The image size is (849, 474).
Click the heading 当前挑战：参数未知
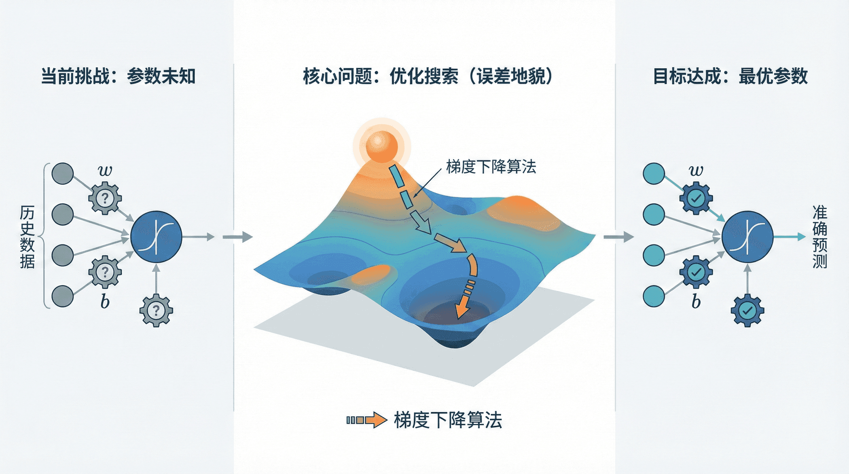(x=119, y=76)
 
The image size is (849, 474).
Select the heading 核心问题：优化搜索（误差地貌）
(x=428, y=76)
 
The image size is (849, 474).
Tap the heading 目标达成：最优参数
(x=730, y=76)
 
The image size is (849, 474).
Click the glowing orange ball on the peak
(x=381, y=146)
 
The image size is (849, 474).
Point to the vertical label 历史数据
(x=27, y=237)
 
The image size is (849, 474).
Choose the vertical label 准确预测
(x=820, y=237)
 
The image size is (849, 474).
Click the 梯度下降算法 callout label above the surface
(x=491, y=167)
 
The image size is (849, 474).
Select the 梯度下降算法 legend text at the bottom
(x=448, y=420)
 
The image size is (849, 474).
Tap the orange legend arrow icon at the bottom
(x=367, y=420)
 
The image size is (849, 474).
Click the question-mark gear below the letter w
(x=105, y=198)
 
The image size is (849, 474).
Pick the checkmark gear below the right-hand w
(x=696, y=198)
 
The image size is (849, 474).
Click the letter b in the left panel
(x=105, y=301)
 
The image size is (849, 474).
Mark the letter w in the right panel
(x=696, y=170)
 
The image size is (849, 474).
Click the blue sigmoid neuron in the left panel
(x=156, y=237)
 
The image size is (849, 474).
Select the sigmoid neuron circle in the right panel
(x=747, y=237)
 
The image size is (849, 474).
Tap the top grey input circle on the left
(x=63, y=174)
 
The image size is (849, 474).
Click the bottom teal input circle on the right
(x=654, y=296)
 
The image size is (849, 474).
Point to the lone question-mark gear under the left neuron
(x=156, y=310)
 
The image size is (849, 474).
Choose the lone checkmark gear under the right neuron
(x=747, y=310)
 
